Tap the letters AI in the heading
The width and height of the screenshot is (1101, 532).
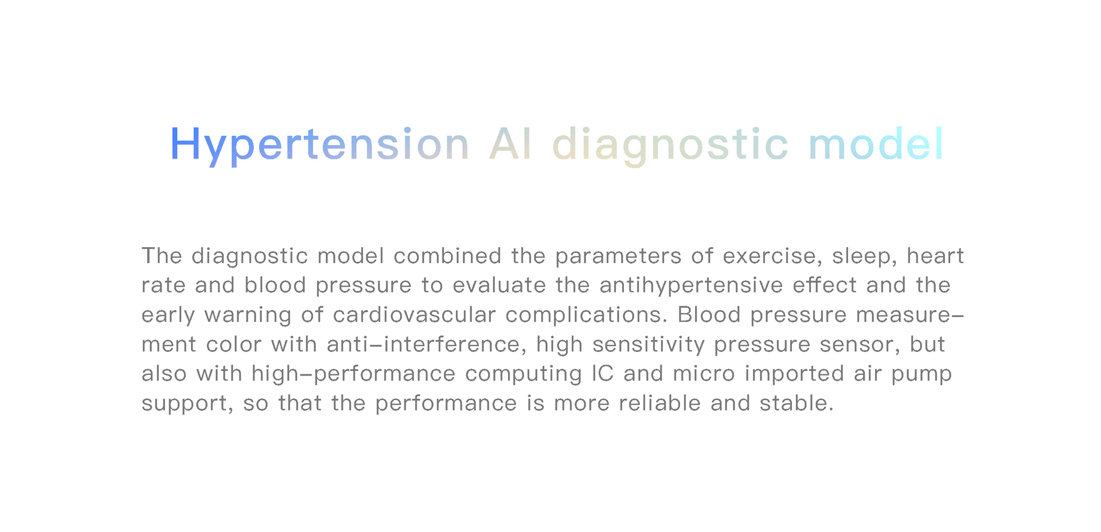511,144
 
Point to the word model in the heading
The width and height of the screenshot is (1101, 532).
876,143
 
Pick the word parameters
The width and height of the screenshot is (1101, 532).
618,257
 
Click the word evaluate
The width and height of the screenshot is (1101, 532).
499,285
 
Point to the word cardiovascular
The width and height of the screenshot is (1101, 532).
414,315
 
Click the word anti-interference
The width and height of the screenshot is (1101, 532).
427,345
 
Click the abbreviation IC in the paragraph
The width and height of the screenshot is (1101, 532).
603,373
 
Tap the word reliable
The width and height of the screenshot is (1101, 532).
659,403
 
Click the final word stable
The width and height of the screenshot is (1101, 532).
797,403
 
